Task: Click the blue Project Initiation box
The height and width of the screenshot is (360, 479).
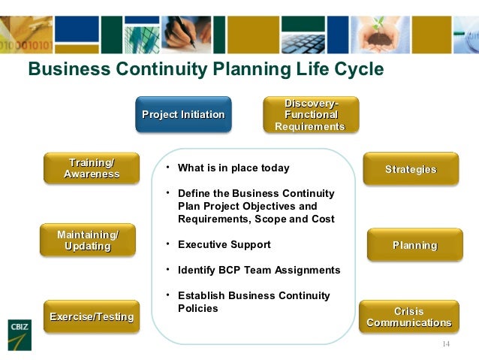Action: (183, 114)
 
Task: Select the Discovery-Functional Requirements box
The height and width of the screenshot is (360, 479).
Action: (310, 115)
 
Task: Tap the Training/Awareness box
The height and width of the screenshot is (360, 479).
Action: (92, 168)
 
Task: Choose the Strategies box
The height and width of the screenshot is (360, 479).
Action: (411, 169)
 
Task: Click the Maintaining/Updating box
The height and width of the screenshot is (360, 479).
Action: (88, 241)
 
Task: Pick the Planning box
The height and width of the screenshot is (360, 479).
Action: (414, 245)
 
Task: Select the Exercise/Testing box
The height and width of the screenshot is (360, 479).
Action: (92, 316)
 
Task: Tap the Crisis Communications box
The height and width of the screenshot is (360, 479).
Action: (408, 317)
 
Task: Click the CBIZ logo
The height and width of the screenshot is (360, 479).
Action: (19, 331)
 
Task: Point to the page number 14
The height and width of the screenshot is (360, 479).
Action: (446, 344)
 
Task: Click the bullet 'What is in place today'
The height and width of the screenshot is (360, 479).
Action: (233, 168)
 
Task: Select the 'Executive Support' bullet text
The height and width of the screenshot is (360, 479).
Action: (224, 244)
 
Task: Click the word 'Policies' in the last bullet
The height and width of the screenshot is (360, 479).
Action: (198, 308)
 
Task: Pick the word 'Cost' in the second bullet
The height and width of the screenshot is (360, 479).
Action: (322, 219)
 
